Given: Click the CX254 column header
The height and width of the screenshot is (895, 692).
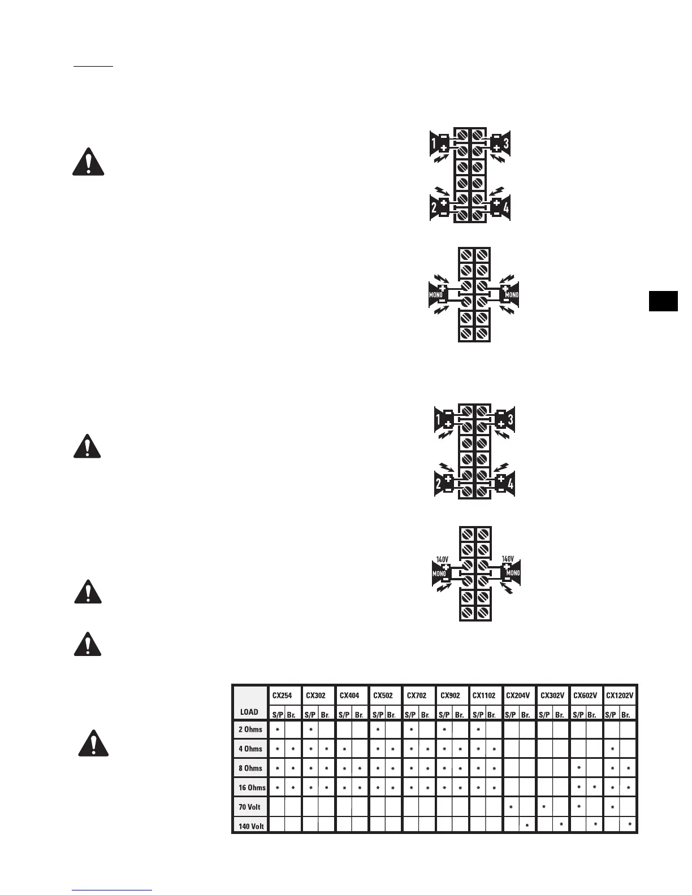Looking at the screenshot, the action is (282, 695).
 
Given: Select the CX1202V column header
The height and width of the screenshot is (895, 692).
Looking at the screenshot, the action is (620, 695).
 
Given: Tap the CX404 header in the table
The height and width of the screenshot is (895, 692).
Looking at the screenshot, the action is (349, 695).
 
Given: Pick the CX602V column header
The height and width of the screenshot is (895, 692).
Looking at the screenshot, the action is (585, 695).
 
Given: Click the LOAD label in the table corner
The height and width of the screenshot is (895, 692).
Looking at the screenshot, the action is (249, 712).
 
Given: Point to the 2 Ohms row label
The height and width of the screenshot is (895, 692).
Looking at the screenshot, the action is (250, 729).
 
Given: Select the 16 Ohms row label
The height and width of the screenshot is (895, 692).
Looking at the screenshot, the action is (252, 788).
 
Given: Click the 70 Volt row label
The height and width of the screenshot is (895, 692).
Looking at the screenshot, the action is (249, 807).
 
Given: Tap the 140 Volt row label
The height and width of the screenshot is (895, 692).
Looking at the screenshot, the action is (251, 826).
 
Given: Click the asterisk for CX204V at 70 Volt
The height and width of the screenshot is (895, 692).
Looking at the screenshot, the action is (511, 807).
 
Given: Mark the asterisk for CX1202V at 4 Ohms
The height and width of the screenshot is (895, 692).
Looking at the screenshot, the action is (612, 749).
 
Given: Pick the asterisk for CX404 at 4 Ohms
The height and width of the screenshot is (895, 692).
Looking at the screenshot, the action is (344, 749).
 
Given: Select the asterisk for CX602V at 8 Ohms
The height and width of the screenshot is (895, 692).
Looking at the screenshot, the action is (578, 768).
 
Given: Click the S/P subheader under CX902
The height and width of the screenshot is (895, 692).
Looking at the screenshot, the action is (444, 715).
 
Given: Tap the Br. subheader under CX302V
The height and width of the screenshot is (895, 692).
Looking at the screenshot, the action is (559, 715).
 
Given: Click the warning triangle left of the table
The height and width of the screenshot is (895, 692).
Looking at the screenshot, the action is (93, 743).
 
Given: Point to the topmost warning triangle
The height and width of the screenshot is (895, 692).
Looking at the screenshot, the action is (88, 162).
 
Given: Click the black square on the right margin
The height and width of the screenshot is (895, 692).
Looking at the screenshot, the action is (663, 301).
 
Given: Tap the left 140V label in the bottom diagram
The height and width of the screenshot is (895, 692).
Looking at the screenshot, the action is (442, 559).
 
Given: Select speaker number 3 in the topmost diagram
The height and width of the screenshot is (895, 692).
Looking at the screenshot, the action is (505, 144).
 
